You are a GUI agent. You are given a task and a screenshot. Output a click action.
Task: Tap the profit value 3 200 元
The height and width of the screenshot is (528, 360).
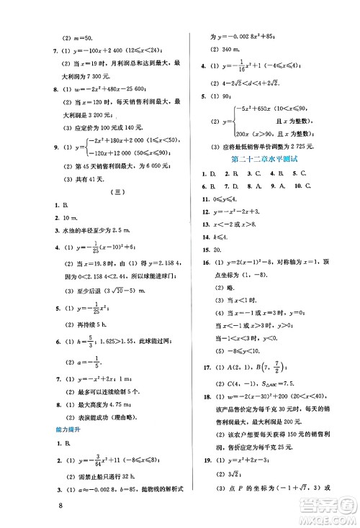[x=96, y=114]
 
